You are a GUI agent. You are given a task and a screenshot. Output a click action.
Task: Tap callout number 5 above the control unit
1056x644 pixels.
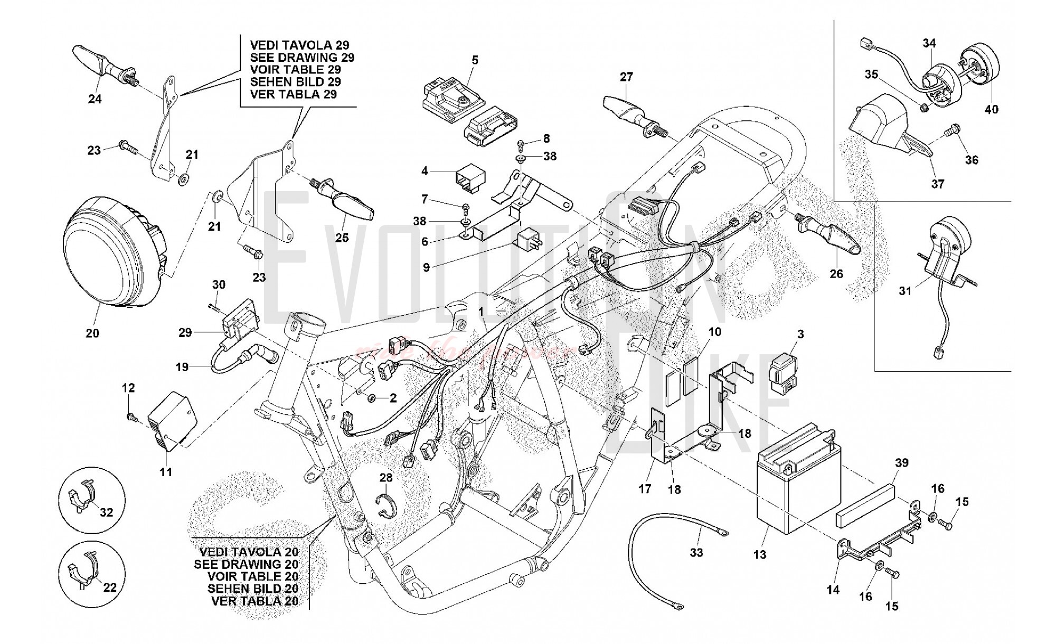[475, 60]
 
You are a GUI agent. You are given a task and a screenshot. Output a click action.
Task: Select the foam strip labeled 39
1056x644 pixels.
[866, 500]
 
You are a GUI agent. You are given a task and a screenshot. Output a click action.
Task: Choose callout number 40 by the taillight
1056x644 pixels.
[992, 109]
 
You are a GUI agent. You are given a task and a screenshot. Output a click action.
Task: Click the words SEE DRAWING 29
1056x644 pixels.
[301, 58]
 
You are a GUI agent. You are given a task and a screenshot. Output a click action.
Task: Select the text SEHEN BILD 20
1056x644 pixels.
[252, 589]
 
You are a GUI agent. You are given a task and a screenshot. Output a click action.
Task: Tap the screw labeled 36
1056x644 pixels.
[956, 128]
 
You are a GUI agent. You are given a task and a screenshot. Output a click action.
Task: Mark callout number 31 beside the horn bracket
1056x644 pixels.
[905, 291]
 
